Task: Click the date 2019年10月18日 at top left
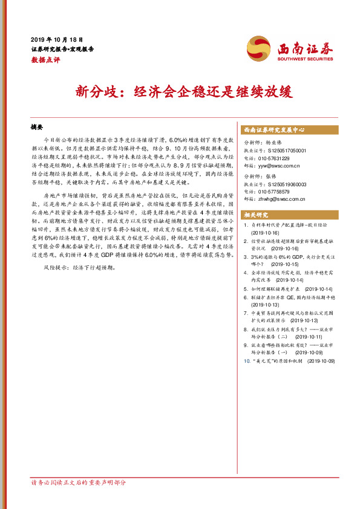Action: (56, 38)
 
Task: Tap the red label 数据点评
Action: (45, 59)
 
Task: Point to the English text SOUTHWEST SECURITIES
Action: (304, 59)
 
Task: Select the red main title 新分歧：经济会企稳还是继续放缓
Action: (180, 92)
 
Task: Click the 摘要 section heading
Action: (38, 128)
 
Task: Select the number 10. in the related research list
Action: (246, 360)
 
